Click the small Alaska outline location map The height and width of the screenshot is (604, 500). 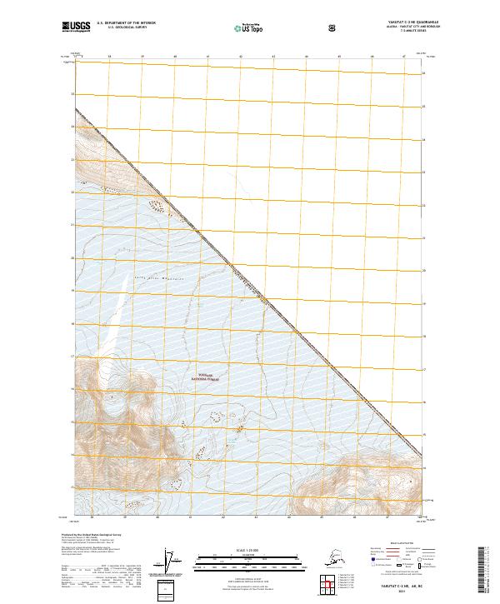[334, 559]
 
